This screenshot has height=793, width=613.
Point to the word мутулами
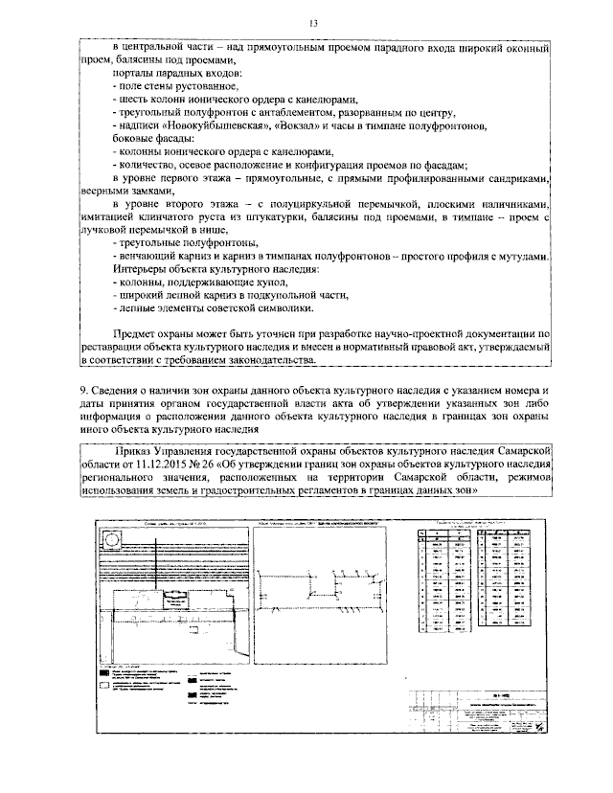[521, 256]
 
